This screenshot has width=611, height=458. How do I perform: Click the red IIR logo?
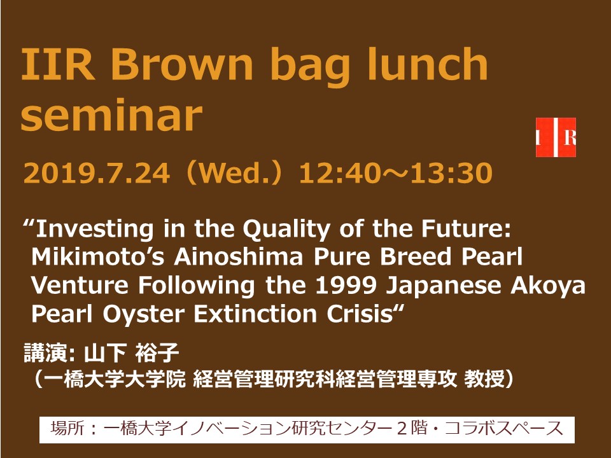click(556, 137)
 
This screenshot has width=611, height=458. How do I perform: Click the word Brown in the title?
click(182, 63)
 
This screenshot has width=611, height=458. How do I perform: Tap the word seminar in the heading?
click(112, 116)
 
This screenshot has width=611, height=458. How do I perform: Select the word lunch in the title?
click(428, 62)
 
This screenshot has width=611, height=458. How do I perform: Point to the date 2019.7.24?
click(97, 173)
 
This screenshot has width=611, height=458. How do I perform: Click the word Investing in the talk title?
click(95, 230)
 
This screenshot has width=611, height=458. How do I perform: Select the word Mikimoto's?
click(98, 257)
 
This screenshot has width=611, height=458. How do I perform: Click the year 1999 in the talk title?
click(346, 286)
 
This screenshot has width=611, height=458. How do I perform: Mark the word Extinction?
click(255, 314)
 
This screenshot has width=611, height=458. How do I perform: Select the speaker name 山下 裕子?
click(131, 353)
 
